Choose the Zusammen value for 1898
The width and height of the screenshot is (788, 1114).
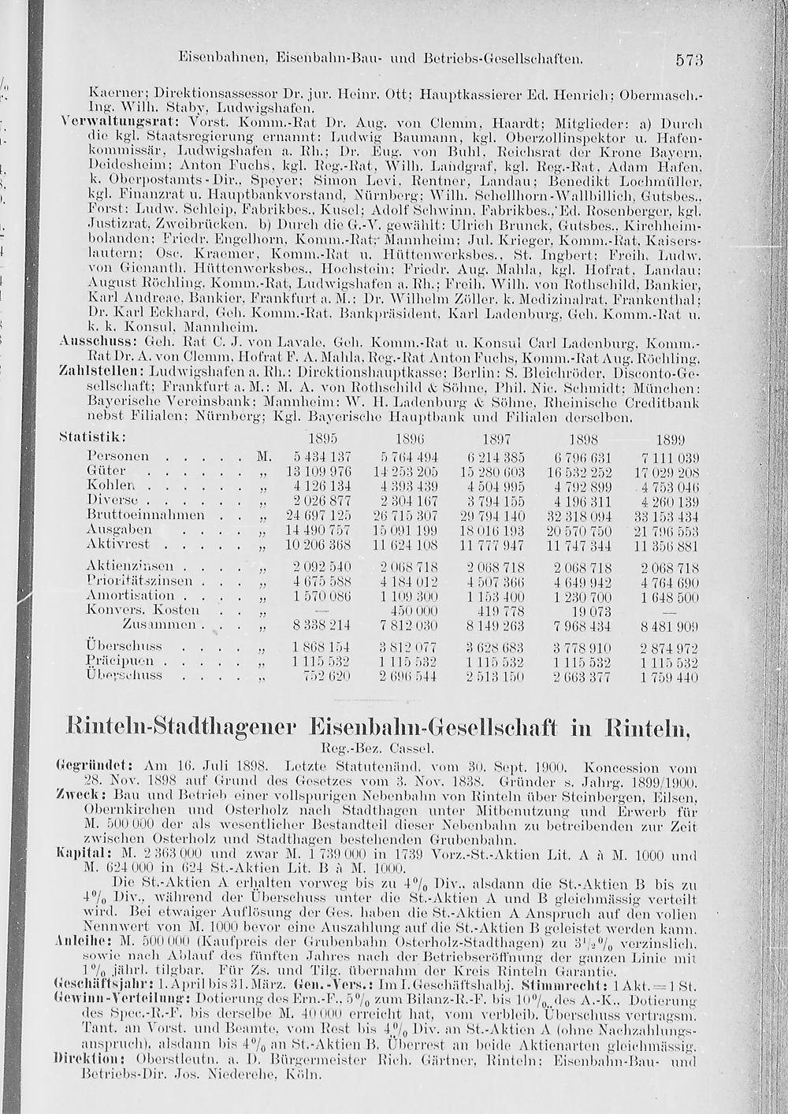(x=582, y=626)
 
